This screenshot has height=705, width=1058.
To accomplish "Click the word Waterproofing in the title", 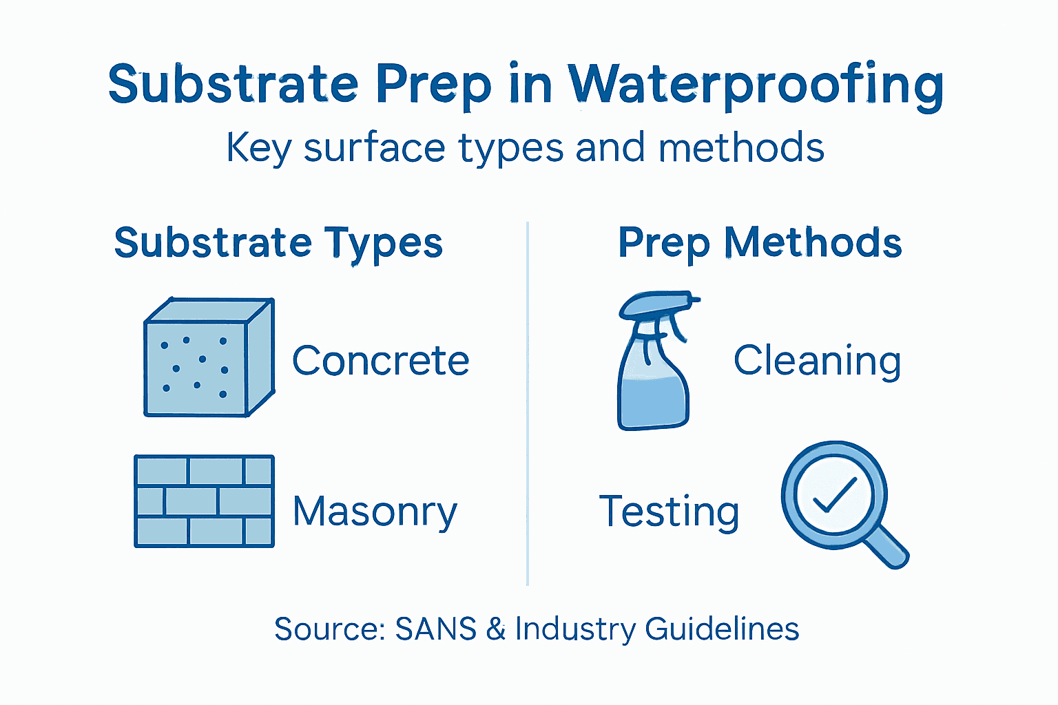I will tap(755, 86).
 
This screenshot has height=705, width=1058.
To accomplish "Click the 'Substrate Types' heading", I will tap(278, 243).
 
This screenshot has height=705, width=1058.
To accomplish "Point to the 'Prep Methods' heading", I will tap(760, 243).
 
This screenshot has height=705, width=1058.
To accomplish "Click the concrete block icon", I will tap(209, 358).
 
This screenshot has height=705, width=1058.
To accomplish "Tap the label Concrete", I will tap(380, 361).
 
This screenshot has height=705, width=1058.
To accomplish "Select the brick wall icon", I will tap(204, 501).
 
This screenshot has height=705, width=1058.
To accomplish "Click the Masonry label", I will tap(375, 512).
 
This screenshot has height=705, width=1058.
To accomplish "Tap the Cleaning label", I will tap(817, 361).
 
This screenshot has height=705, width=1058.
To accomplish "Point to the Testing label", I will tap(670, 512).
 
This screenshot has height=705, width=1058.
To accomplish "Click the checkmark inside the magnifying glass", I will tap(834, 495).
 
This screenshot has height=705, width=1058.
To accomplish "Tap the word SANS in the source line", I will tap(435, 629).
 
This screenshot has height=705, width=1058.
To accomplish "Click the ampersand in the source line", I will tap(496, 629).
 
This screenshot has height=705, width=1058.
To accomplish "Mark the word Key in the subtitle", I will tap(258, 148).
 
